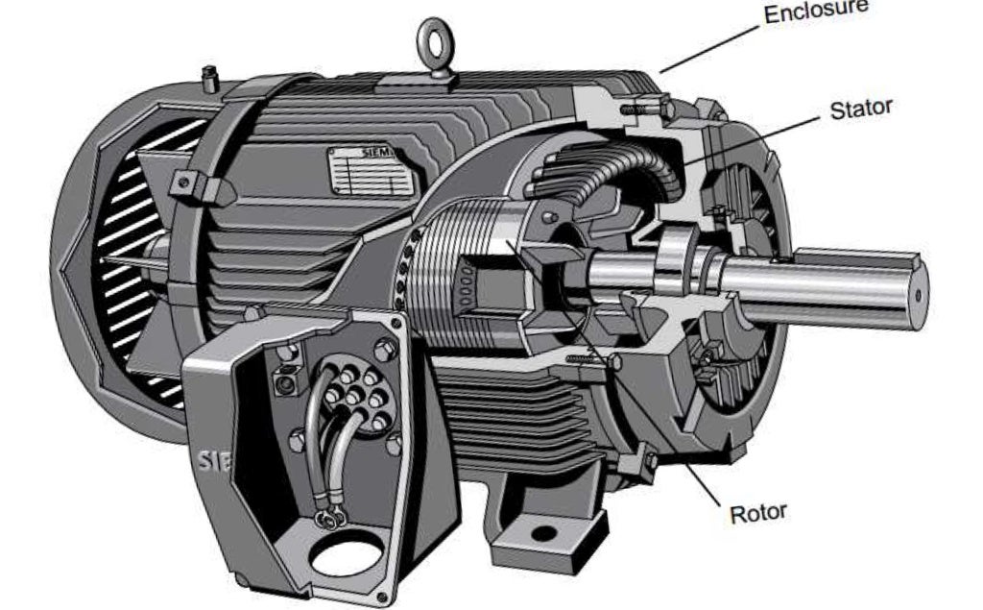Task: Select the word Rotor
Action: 758,511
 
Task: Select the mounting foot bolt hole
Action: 543,531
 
